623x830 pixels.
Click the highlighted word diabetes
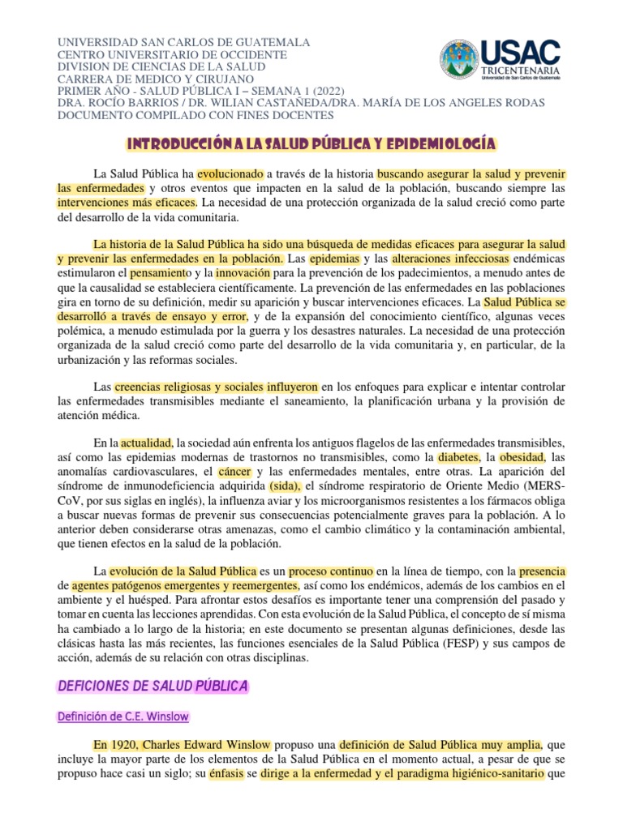coord(459,457)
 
